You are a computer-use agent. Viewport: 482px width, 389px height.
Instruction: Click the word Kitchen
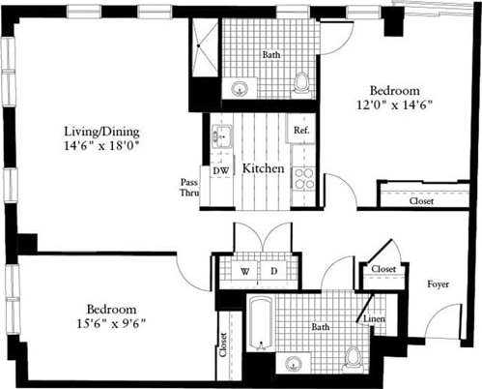[x=262, y=168]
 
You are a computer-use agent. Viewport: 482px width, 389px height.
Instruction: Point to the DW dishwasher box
[x=220, y=171]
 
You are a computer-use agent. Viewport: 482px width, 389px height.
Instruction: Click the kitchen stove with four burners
[x=304, y=177]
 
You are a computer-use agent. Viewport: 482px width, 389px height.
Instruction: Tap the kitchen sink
[x=220, y=137]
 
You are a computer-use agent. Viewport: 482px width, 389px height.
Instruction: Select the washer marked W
[x=244, y=271]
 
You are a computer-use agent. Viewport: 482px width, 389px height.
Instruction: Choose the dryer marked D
[x=273, y=271]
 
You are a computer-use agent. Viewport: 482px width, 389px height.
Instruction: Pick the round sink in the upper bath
[x=239, y=90]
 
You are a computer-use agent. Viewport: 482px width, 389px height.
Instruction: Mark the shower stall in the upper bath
[x=205, y=46]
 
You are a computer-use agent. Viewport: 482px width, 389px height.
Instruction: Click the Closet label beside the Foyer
[x=383, y=268]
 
